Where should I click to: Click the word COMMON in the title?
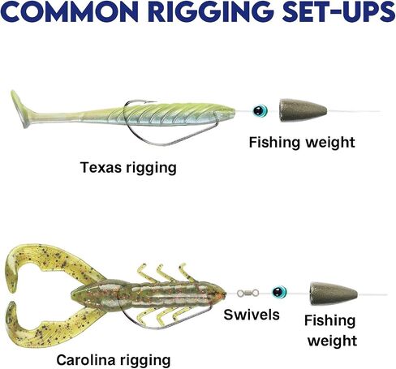pos(69,11)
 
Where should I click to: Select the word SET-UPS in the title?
pos(338,11)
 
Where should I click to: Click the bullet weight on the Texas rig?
pos(303,110)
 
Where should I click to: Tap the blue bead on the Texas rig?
pos(260,110)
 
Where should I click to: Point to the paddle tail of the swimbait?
pos(19,109)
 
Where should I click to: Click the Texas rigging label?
pos(128,168)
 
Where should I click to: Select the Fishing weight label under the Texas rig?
pos(302,142)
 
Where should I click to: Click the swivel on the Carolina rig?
pos(247,293)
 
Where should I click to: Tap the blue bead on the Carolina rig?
pos(279,292)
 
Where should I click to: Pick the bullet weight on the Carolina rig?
pos(334,294)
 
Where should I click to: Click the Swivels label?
pos(252,315)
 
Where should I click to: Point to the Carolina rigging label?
pos(114,360)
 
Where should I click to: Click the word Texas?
pos(101,167)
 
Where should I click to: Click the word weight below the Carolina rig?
pos(332,341)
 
